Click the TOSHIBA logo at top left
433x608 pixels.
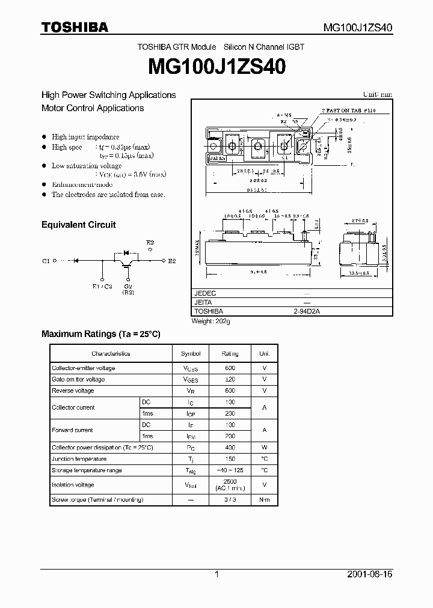(75, 27)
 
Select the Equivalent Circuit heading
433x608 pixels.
(78, 225)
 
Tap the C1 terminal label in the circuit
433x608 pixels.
(46, 261)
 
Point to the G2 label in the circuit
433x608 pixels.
(128, 287)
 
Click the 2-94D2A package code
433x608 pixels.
(307, 312)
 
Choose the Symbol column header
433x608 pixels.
(191, 353)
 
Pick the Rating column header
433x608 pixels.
(230, 353)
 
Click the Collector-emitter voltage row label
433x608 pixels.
(83, 368)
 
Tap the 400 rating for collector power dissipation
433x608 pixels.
(230, 448)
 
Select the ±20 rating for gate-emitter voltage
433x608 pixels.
(230, 379)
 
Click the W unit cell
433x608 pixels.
(264, 448)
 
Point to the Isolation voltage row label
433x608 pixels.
(73, 484)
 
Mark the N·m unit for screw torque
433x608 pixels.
(264, 500)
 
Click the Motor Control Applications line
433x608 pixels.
(93, 108)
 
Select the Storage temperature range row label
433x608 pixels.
(87, 470)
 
